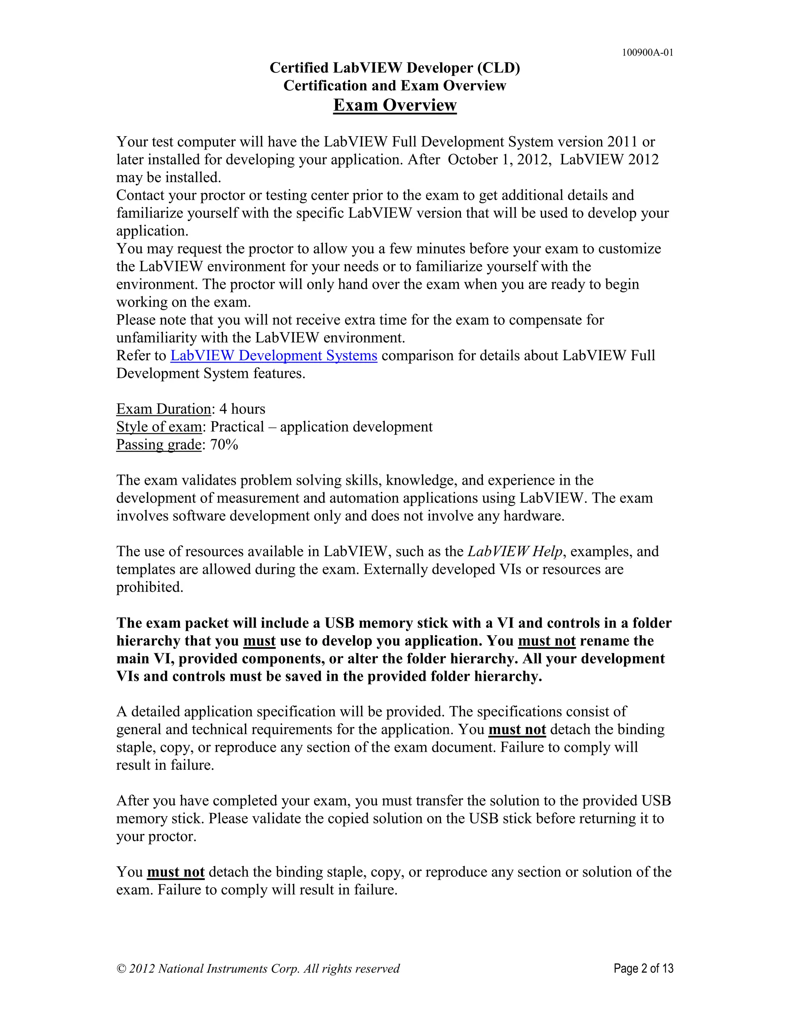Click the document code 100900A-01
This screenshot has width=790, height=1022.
(x=647, y=52)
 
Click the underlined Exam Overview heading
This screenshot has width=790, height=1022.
(x=395, y=105)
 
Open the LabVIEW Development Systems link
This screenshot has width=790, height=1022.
(x=273, y=356)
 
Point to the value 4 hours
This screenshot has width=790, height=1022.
(x=242, y=409)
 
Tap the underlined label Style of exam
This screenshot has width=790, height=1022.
(x=159, y=427)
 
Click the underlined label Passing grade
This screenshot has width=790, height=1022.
(x=159, y=445)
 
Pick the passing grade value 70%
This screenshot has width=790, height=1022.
(x=224, y=445)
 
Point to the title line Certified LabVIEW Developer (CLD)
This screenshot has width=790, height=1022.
(x=395, y=68)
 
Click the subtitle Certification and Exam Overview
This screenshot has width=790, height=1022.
(x=395, y=86)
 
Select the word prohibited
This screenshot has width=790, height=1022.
(x=149, y=587)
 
